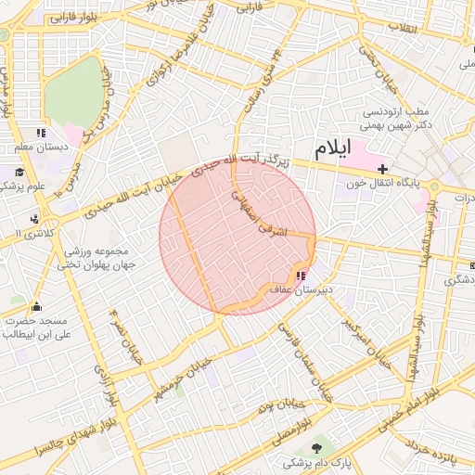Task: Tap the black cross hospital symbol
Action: tap(382, 168)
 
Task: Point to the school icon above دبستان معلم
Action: tap(40, 134)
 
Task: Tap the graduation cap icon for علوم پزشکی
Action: tap(19, 172)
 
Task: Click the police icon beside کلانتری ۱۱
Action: tap(34, 219)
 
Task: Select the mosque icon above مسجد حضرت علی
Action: tap(36, 307)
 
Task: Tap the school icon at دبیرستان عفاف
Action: tap(300, 276)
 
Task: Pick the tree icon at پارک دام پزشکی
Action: tap(318, 448)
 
